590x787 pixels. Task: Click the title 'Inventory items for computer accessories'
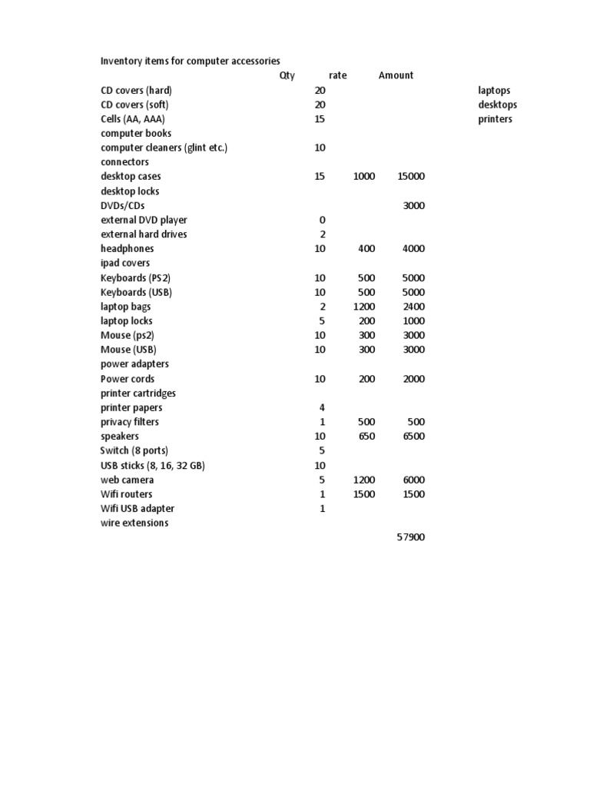click(191, 61)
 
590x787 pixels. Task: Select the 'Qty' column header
click(287, 75)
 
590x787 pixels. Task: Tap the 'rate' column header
click(337, 75)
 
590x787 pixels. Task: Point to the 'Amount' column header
click(396, 75)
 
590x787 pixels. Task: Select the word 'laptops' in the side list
click(494, 90)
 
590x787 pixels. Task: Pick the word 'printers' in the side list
click(495, 119)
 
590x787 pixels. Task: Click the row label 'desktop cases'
click(131, 177)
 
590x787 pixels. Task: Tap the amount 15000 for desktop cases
click(410, 177)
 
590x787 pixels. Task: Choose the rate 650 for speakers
click(366, 437)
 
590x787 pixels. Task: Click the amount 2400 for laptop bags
click(413, 307)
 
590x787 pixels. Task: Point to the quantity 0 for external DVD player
click(322, 220)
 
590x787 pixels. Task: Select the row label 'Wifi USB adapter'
click(138, 509)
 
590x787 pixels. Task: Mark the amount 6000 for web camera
click(413, 480)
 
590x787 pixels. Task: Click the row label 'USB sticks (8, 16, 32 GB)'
click(153, 466)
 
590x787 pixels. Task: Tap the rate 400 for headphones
click(366, 249)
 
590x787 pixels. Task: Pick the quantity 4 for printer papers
click(322, 407)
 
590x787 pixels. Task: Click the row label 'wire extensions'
click(134, 523)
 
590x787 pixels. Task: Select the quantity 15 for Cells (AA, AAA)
click(320, 119)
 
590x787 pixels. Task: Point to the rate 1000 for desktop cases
click(364, 177)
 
